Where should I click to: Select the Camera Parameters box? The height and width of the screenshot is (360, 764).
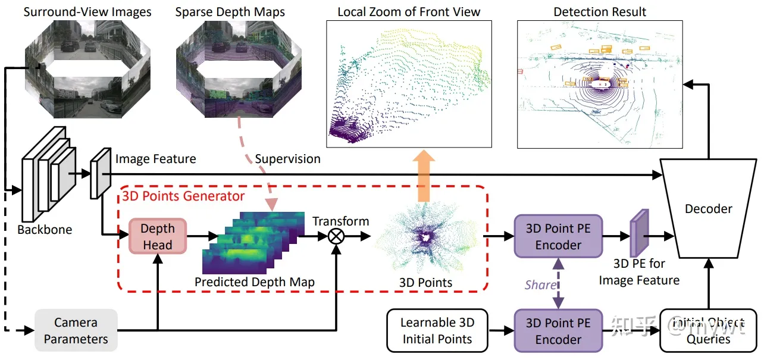coord(76,331)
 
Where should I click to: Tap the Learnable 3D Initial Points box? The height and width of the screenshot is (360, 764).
coord(437,331)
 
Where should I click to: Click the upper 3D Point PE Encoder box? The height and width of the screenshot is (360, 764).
coord(558,237)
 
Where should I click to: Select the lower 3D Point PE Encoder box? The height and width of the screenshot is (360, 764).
coord(558,331)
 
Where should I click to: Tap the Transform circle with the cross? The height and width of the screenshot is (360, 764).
coord(337,237)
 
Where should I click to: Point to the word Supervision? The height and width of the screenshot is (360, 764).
coord(287,159)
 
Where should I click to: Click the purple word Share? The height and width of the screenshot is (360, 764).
coord(540,284)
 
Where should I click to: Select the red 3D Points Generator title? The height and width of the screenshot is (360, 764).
coord(183,195)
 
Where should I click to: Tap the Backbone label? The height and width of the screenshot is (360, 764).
coord(45,230)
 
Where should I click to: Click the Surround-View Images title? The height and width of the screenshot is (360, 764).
coord(87,11)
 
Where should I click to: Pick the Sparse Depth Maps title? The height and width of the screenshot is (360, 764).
coord(230,11)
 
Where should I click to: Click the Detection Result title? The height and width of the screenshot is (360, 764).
coord(600,11)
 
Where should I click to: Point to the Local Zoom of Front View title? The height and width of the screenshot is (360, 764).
coord(409,11)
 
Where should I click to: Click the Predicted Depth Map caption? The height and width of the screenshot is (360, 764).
coord(255,282)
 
